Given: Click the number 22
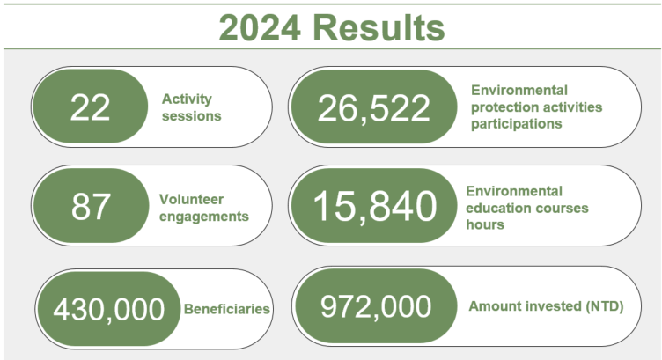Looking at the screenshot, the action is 90,107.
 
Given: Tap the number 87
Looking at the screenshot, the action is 91,206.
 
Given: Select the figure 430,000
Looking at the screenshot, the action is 108,309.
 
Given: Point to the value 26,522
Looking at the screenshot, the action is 373,108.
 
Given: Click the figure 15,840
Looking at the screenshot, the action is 374,206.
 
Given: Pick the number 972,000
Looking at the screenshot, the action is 376,306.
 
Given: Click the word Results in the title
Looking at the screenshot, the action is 379,28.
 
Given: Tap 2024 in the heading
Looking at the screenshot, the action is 260,28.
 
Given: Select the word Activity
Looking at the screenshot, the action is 187,99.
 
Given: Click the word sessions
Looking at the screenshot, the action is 192,116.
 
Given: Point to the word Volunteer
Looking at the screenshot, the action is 191,199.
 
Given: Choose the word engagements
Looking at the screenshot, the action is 204,217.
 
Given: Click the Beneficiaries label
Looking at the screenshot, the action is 227,309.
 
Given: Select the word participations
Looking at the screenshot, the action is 517,124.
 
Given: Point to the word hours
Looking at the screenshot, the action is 485,224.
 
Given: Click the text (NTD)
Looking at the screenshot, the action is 604,306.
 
